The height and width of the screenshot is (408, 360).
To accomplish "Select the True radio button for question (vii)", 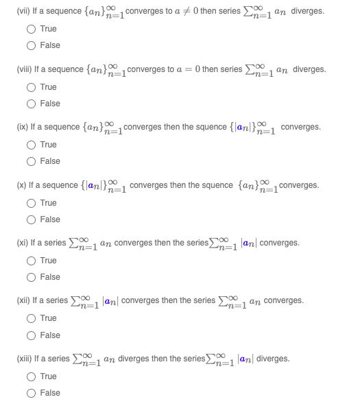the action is (32, 29).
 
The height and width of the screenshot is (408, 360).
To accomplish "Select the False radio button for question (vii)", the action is (32, 45).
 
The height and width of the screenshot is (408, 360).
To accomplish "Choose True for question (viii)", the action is (32, 87).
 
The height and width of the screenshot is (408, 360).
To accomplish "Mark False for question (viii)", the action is (32, 104).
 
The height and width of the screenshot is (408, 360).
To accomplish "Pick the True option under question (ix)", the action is (32, 145).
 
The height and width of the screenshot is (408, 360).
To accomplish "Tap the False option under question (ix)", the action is (32, 161).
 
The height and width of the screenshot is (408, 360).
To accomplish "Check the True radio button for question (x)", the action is (32, 203).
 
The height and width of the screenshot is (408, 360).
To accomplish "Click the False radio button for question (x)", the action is (32, 219).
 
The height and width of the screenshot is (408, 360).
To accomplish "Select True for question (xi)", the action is (32, 261).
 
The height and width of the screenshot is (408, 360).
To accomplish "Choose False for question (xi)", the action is (32, 277).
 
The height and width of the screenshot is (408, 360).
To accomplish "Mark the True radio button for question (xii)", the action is (32, 319).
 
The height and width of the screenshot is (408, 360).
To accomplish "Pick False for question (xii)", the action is (32, 335).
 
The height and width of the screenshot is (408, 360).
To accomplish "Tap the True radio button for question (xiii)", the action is (32, 376).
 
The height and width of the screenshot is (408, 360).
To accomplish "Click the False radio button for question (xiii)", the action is (32, 393).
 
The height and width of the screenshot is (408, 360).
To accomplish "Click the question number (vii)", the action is (23, 12).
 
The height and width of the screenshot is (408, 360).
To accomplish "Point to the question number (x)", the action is (22, 185).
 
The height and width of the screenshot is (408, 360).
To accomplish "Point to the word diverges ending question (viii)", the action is (309, 69).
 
